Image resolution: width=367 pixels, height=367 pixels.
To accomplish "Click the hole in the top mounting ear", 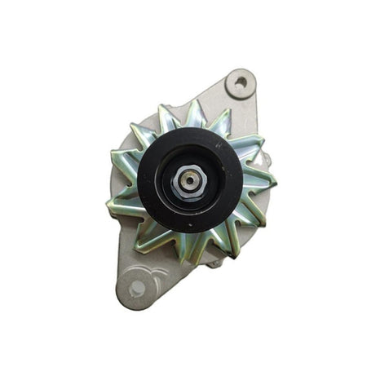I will pos(240,82).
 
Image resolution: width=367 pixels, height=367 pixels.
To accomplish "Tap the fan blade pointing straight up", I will pos(196,114).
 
